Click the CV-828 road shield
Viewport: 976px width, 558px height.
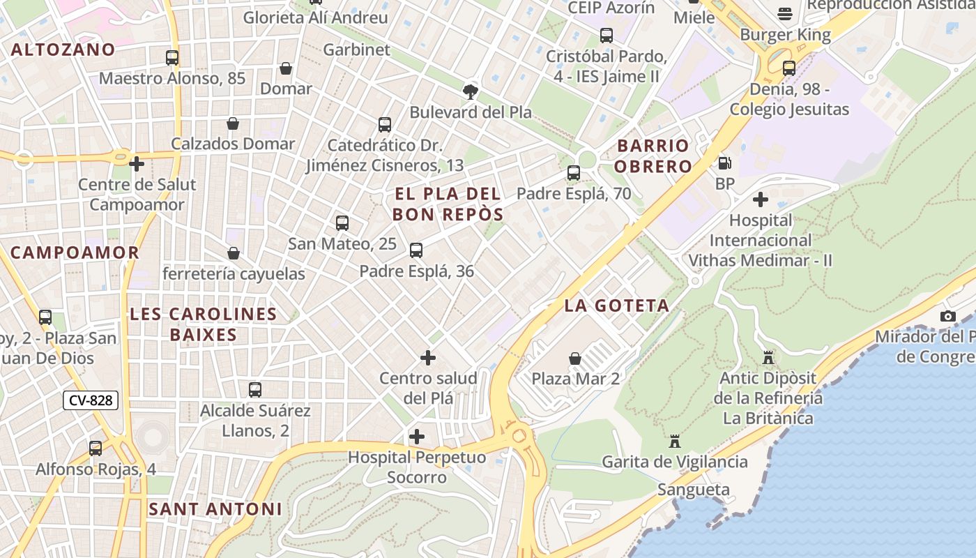tap(91, 400)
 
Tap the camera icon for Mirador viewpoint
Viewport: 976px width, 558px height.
tap(947, 316)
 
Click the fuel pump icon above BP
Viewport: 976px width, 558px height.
tap(725, 163)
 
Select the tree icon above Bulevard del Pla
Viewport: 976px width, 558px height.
tap(471, 91)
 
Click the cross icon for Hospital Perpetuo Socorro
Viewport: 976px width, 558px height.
tap(417, 437)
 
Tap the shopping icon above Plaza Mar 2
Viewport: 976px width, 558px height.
tap(575, 359)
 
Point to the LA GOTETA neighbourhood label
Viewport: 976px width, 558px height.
tap(616, 306)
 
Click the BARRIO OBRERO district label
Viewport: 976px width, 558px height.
tap(653, 156)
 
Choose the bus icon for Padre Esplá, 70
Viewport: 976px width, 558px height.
tap(574, 173)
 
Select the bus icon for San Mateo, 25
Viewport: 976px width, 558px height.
tap(342, 223)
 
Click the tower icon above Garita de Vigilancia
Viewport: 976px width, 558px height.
tap(674, 441)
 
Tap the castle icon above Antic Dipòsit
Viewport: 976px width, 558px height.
tap(768, 357)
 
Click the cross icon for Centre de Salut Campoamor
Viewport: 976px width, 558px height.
tap(137, 164)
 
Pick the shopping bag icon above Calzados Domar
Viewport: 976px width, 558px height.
tap(233, 123)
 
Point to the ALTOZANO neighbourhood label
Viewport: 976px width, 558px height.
tap(63, 50)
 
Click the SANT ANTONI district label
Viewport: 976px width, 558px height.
tap(215, 509)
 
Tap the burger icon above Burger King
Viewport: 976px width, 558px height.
tap(785, 14)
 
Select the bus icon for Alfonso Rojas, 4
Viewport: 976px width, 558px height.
tap(96, 448)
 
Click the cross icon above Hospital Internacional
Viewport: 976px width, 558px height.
tap(761, 199)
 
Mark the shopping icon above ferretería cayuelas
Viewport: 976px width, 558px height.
tap(234, 253)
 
